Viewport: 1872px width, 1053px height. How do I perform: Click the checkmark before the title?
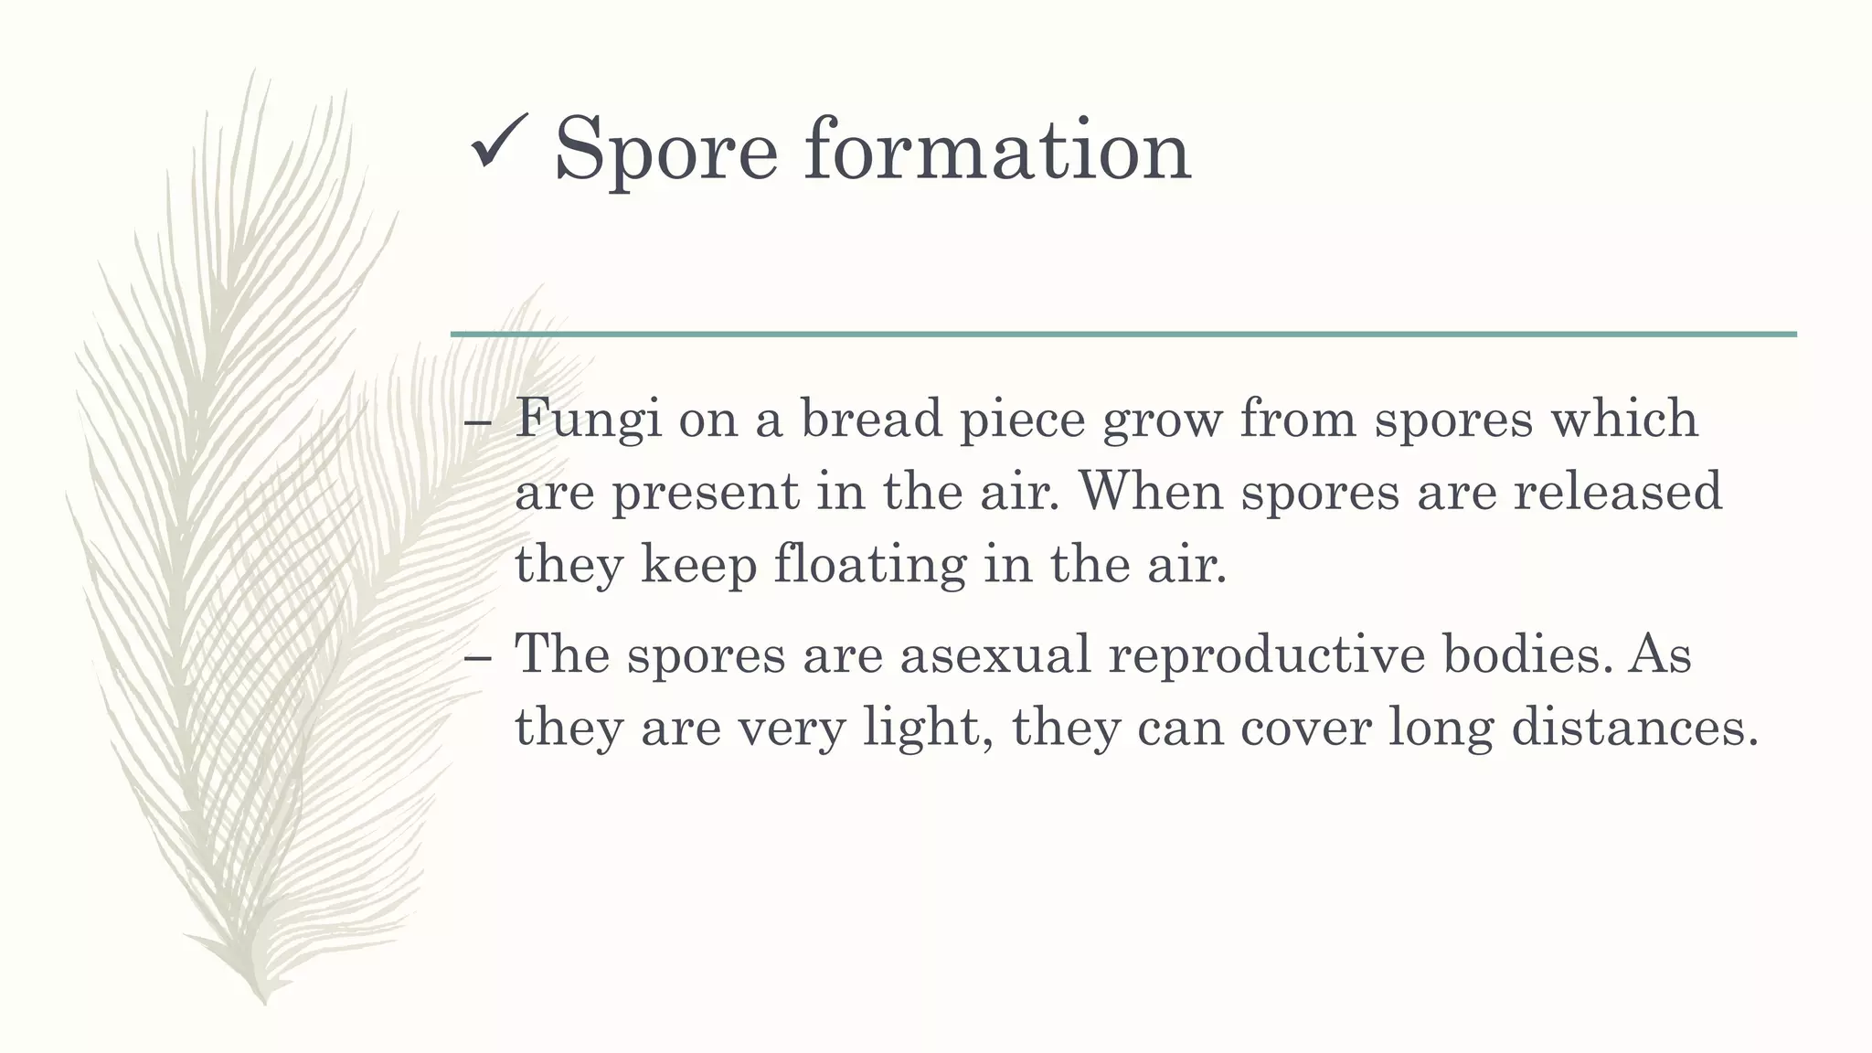[x=498, y=144]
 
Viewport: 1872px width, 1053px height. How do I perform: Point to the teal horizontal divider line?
[x=1123, y=335]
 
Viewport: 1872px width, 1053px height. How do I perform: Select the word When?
[x=1152, y=491]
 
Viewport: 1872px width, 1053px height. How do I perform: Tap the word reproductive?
[x=1267, y=654]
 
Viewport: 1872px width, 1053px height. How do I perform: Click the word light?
[x=928, y=729]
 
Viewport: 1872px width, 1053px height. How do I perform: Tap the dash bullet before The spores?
[x=478, y=658]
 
